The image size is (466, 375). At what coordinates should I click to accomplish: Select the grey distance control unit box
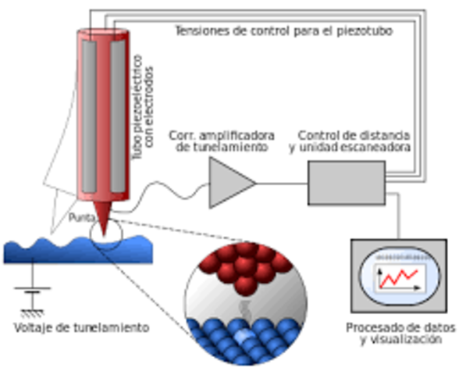pos(346,182)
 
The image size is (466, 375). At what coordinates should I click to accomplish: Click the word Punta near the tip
pos(83,217)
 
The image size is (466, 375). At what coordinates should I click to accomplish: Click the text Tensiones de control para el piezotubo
pos(283,30)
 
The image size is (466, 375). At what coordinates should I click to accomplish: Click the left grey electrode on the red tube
pos(90,113)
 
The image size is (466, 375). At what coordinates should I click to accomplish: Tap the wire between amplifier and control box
pos(282,184)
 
